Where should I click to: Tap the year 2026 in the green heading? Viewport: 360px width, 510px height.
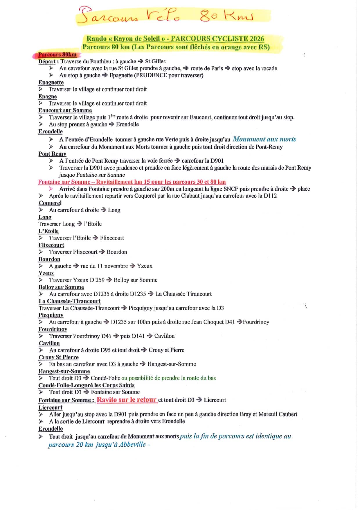coord(256,39)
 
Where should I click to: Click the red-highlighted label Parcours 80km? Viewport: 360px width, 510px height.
coord(57,55)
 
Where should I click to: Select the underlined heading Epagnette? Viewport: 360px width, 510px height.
coord(51,82)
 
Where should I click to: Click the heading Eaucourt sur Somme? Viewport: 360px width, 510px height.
coord(65,110)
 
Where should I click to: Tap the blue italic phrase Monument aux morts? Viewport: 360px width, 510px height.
coord(264,139)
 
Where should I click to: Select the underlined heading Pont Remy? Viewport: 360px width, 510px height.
coord(52,154)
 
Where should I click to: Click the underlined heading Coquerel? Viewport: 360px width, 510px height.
coord(50,203)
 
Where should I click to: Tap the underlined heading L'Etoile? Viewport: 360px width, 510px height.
coord(48,231)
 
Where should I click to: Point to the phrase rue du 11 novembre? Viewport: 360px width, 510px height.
coord(104,266)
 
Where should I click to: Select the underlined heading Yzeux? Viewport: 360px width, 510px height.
coord(46,273)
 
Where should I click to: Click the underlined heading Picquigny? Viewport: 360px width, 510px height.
coord(51,315)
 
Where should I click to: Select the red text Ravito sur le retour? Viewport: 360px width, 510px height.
coord(127,400)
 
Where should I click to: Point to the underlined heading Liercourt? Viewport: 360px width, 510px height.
coord(51,407)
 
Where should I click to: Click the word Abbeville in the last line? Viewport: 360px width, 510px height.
coord(132,445)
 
